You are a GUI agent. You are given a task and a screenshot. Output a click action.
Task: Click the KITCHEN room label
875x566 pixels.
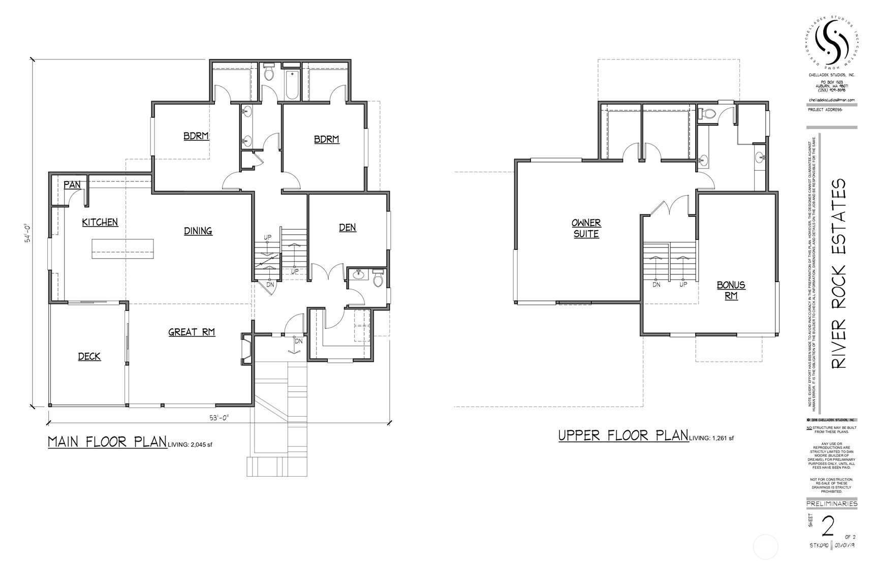(x=100, y=222)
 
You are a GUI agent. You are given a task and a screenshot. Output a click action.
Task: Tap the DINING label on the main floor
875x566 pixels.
(x=198, y=231)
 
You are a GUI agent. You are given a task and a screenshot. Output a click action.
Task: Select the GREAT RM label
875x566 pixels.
(x=192, y=332)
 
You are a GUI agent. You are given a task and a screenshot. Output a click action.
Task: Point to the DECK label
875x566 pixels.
(x=89, y=356)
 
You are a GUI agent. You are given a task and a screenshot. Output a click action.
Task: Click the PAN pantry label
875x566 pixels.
(x=72, y=184)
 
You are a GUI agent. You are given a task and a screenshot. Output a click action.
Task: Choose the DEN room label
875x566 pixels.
(x=348, y=227)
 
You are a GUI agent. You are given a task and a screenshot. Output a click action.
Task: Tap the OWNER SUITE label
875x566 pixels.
(x=586, y=228)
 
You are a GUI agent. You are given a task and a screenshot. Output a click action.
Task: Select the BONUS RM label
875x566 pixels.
(x=731, y=290)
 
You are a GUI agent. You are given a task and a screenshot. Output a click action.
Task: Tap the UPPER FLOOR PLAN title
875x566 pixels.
(x=623, y=435)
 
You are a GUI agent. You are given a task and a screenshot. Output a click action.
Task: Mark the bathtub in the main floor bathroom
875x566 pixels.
(x=292, y=84)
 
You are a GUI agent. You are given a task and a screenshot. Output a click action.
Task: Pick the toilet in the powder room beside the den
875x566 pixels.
(x=378, y=279)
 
